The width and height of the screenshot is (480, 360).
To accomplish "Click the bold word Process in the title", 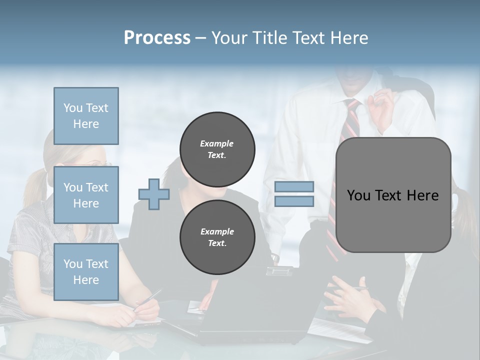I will tap(157, 38).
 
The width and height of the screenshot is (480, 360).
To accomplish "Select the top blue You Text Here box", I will tap(86, 116).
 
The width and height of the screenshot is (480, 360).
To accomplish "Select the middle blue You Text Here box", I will tap(86, 195).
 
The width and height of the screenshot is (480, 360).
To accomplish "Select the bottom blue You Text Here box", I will tap(86, 271).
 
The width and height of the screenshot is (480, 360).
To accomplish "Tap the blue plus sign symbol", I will tap(154, 193).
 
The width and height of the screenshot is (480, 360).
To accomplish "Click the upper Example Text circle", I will tap(217, 149).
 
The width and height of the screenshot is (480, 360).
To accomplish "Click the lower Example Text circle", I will tap(217, 237).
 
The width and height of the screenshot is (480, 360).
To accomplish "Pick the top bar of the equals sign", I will tap(294, 186).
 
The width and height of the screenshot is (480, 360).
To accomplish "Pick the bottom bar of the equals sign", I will tap(294, 201).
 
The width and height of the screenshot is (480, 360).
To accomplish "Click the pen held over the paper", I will tap(148, 300).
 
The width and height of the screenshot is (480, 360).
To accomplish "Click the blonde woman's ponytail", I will tap(35, 185).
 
